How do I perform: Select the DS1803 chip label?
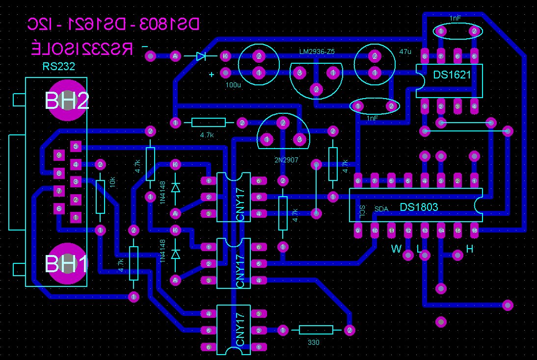[419, 207]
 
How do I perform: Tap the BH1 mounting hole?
[67, 263]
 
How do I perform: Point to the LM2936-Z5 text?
[317, 51]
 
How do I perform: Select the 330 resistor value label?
[313, 342]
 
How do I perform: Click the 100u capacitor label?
[233, 85]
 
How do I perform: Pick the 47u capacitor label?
[405, 51]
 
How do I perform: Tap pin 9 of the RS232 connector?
[59, 155]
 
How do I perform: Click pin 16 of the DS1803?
[474, 230]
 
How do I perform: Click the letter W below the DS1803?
[396, 249]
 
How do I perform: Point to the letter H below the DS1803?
[470, 249]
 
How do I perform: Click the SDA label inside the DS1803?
[381, 209]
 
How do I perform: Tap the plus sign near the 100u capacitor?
[212, 75]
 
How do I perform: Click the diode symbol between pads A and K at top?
[200, 56]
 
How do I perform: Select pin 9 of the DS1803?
[358, 230]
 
